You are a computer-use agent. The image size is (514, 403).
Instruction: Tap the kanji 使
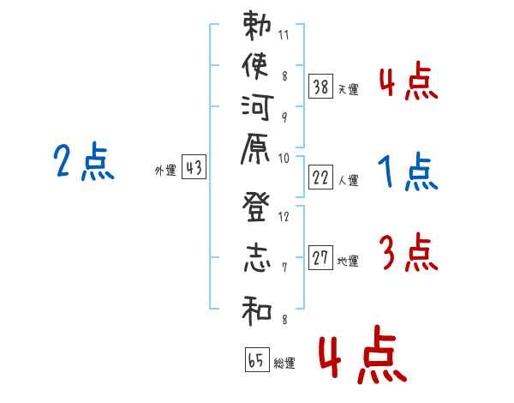coord(255,66)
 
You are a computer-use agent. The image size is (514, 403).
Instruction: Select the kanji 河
coord(257,107)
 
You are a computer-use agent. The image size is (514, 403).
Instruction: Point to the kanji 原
coord(255,149)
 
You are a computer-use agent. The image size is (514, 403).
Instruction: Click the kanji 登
coord(256,207)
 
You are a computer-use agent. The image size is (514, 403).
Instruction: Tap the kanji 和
coord(257,310)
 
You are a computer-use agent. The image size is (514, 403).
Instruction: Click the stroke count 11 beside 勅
coord(284,35)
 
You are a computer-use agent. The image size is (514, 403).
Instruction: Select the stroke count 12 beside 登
coord(284,217)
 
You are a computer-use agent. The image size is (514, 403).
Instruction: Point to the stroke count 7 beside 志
coord(284,268)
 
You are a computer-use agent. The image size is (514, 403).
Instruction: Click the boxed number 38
coord(320,87)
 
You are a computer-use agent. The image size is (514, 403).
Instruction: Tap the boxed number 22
coord(320,177)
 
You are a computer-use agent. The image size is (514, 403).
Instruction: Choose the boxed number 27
coord(320,257)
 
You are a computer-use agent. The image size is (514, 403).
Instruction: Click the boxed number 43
coord(194,166)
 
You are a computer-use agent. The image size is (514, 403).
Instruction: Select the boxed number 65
coord(257,359)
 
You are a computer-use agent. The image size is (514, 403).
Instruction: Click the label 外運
coord(165,171)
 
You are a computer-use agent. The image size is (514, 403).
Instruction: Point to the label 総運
coord(284,364)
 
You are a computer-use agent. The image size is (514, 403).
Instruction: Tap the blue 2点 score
coord(84,161)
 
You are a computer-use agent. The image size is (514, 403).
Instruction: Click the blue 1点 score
coord(408,171)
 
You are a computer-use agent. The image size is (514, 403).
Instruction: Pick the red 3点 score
coord(409,252)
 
